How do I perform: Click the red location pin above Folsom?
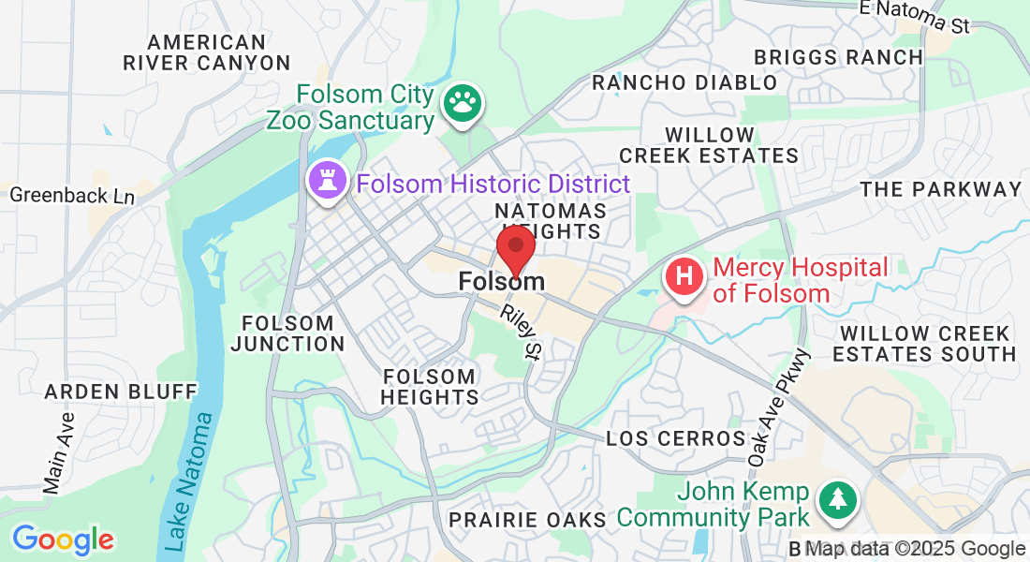click(x=515, y=247)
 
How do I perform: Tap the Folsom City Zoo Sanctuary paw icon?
click(x=461, y=106)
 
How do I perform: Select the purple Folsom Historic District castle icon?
click(x=327, y=183)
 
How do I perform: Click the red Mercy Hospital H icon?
click(x=684, y=278)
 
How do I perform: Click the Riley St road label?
click(x=522, y=332)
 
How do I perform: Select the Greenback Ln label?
click(x=72, y=196)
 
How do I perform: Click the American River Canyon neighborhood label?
click(x=207, y=52)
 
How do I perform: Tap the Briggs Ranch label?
click(x=838, y=57)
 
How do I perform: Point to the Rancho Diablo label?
click(x=684, y=82)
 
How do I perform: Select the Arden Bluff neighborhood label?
click(x=121, y=391)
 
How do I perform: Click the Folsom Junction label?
click(x=287, y=333)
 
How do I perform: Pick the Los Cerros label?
click(x=675, y=438)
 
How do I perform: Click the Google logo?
click(x=63, y=540)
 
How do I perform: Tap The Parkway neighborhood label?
click(x=940, y=189)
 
